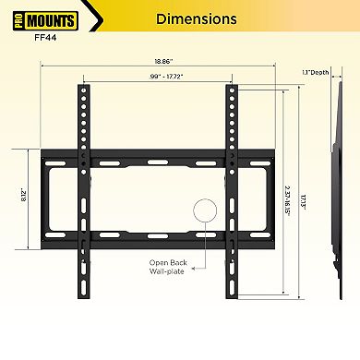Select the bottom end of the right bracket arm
click(x=232, y=295)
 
